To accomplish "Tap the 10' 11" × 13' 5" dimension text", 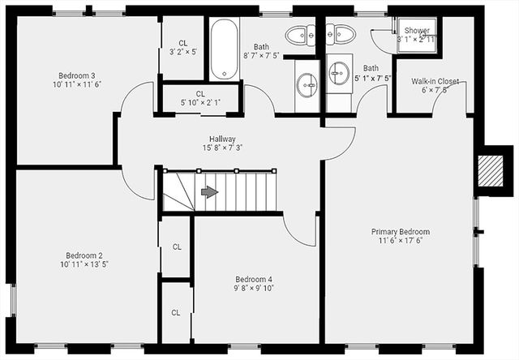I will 84,264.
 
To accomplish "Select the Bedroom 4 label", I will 254,278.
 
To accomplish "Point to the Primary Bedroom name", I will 401,231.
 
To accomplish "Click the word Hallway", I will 221,139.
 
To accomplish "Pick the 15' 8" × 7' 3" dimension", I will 221,148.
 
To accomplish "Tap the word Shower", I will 417,30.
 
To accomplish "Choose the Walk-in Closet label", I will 435,82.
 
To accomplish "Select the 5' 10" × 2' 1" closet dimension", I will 199,102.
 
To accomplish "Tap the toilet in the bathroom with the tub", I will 302,35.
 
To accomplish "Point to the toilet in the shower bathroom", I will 341,35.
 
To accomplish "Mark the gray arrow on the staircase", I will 209,192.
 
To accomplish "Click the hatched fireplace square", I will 490,171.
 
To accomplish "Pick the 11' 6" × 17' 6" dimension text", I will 401,240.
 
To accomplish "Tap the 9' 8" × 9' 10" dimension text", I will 254,288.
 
